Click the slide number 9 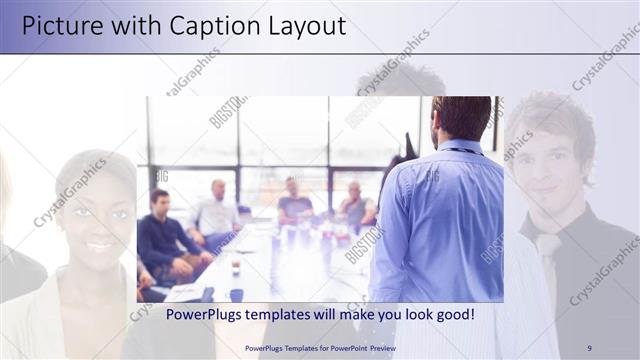589,348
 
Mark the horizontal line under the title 320,53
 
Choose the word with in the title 124,26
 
